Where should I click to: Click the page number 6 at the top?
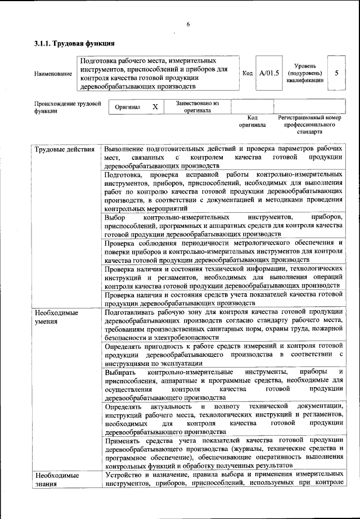point(188,24)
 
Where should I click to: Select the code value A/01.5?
point(269,73)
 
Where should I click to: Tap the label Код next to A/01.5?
point(247,73)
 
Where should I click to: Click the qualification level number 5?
point(336,73)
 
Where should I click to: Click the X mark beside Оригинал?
point(155,106)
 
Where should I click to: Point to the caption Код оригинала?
point(252,121)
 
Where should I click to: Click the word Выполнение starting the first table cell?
point(124,149)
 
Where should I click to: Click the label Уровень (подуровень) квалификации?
point(304,73)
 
